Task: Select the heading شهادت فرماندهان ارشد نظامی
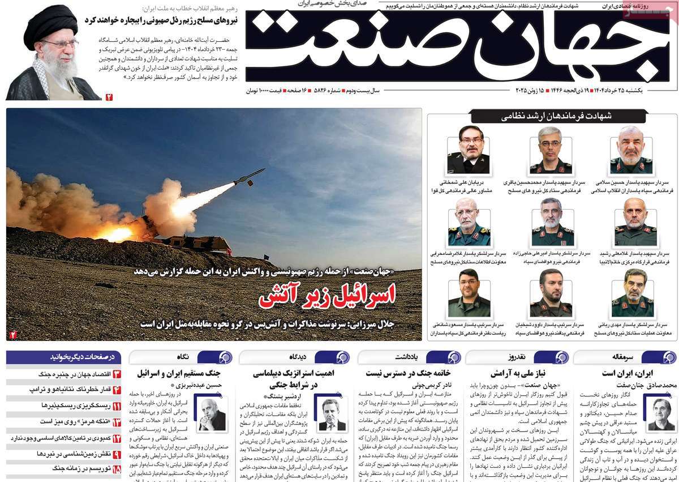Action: [552, 117]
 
